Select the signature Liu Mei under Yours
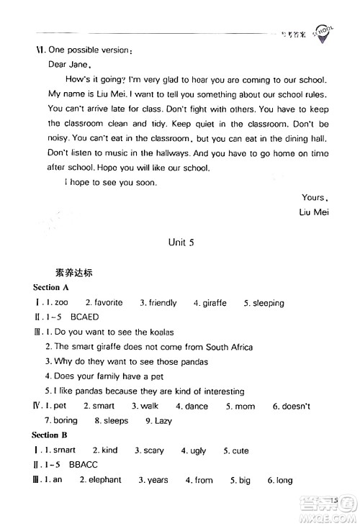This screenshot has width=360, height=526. tap(312, 212)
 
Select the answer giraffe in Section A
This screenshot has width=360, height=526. tap(212, 303)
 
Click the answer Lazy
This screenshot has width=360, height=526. tap(163, 421)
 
